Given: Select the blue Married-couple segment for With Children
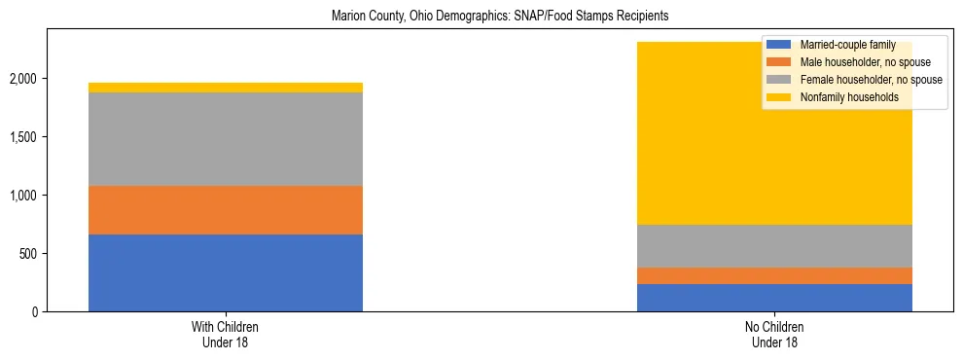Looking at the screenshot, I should [226, 272].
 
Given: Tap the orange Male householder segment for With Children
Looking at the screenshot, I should [226, 210].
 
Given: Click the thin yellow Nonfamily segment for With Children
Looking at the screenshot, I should [226, 88].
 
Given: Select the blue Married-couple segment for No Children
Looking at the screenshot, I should [774, 298].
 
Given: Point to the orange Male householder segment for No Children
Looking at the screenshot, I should [774, 275].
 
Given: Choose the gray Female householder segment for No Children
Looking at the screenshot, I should [774, 246].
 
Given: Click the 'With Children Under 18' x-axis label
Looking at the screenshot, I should [226, 335].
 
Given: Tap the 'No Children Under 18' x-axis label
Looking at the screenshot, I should [774, 335].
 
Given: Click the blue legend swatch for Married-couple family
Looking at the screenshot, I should [779, 45].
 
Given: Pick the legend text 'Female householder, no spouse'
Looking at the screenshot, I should [870, 80].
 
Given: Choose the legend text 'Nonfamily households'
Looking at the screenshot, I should [848, 97].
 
